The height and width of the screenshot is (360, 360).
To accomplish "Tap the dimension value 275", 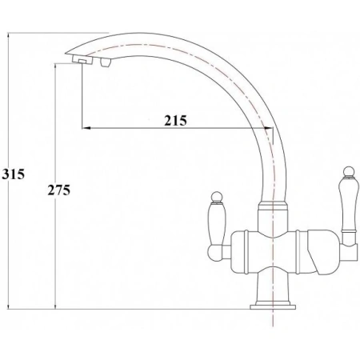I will point(58,190).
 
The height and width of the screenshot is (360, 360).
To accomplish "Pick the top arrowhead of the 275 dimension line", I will point(54,66).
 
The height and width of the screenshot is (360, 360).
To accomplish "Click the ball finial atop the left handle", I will point(215,196).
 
